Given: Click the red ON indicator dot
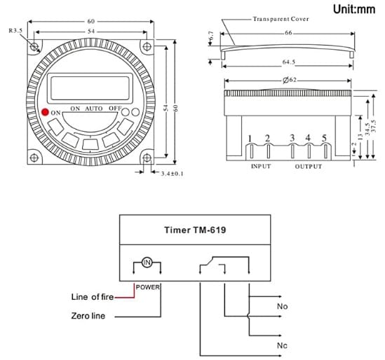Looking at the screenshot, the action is [45, 112].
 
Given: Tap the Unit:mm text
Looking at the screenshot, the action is [354, 9].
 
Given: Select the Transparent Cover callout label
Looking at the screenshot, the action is [281, 19].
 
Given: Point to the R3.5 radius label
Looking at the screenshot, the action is [15, 31].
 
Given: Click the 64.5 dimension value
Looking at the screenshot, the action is [288, 62].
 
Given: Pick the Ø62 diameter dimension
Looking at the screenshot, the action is [290, 80].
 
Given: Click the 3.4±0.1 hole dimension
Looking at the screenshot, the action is [172, 174].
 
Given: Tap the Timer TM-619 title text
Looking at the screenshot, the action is [195, 230].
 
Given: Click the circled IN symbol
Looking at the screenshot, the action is [147, 263].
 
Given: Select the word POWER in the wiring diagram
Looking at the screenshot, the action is [147, 287].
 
